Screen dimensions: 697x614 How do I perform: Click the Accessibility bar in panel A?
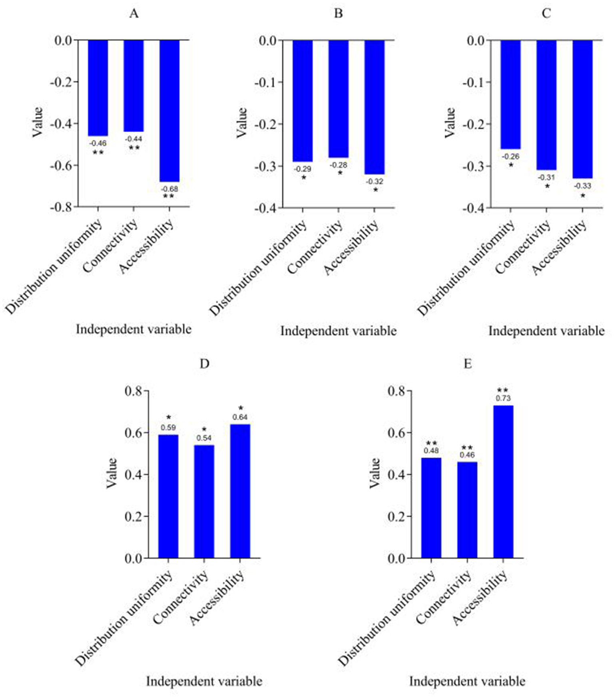pyautogui.click(x=169, y=111)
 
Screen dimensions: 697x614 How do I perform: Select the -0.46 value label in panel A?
pyautogui.click(x=98, y=143)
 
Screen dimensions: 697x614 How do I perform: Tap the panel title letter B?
pyautogui.click(x=338, y=14)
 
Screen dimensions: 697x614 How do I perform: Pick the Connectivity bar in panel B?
pyautogui.click(x=338, y=99)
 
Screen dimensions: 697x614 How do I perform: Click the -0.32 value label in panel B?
pyautogui.click(x=375, y=182)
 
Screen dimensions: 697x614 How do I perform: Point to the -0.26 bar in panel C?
pyautogui.click(x=510, y=94)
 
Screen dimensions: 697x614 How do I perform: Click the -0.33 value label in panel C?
pyautogui.click(x=582, y=186)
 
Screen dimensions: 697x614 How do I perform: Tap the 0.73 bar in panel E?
pyautogui.click(x=503, y=481)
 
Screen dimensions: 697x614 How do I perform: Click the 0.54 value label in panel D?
pyautogui.click(x=204, y=438)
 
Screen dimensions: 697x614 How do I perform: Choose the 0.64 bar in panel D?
pyautogui.click(x=240, y=491)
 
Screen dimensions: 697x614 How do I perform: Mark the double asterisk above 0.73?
pyautogui.click(x=502, y=390)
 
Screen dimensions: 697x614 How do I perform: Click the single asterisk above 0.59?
pyautogui.click(x=168, y=417)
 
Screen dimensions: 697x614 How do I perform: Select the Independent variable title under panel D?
pyautogui.click(x=204, y=681)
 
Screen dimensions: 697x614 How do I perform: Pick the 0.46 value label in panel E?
pyautogui.click(x=467, y=455)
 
